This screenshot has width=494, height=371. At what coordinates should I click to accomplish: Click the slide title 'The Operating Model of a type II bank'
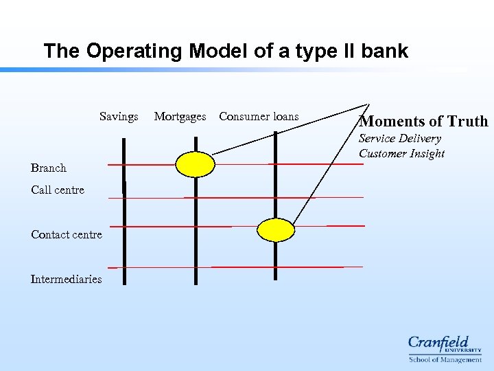point(226,52)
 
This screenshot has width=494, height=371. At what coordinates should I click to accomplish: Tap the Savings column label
point(119,117)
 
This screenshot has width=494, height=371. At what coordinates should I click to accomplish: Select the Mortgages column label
point(180,117)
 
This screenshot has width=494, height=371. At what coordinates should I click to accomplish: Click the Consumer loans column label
point(259,117)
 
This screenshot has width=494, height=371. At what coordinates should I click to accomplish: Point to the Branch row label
point(49,168)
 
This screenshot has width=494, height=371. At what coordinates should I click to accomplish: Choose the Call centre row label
point(58,190)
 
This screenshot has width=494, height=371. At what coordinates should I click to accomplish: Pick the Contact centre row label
point(67,235)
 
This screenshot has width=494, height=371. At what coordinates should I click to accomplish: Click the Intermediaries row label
point(66,280)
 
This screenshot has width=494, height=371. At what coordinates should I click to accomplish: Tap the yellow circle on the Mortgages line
point(195,164)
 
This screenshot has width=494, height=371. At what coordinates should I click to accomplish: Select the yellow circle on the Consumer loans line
point(275,229)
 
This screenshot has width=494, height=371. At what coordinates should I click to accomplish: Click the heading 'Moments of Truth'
point(424,122)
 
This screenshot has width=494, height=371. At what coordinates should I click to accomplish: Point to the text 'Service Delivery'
point(400,139)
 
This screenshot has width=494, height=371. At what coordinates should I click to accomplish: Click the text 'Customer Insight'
point(402,154)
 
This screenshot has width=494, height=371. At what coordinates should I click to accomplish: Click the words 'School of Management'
point(445,359)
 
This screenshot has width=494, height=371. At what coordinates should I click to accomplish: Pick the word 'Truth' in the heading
point(467,122)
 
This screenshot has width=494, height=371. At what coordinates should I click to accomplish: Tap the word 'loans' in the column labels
point(283,117)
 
